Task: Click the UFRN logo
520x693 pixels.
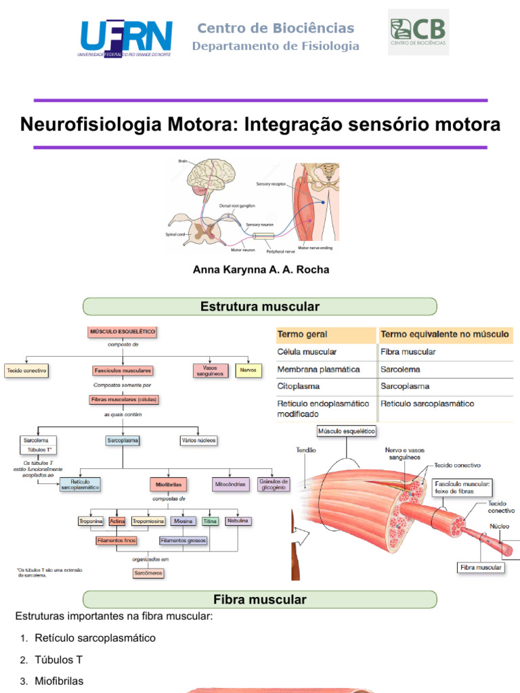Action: click(125, 38)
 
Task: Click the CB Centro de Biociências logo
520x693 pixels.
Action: click(418, 32)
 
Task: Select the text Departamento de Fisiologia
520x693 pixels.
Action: click(276, 46)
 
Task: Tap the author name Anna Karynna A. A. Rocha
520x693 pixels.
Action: click(261, 269)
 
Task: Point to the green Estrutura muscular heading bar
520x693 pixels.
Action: click(260, 307)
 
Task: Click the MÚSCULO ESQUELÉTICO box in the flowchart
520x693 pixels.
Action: click(122, 332)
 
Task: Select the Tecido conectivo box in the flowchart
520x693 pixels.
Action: click(26, 371)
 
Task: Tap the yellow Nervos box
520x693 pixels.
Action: click(247, 371)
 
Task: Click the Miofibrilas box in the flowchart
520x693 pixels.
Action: click(169, 485)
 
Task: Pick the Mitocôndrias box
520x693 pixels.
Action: click(229, 485)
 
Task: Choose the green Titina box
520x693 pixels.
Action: click(210, 521)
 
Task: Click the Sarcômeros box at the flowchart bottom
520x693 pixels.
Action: click(148, 573)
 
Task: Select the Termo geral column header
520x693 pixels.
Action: click(325, 334)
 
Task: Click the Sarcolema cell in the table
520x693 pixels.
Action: click(401, 370)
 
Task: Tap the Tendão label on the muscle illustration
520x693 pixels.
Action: click(306, 449)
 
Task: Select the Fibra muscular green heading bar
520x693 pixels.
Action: click(260, 600)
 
